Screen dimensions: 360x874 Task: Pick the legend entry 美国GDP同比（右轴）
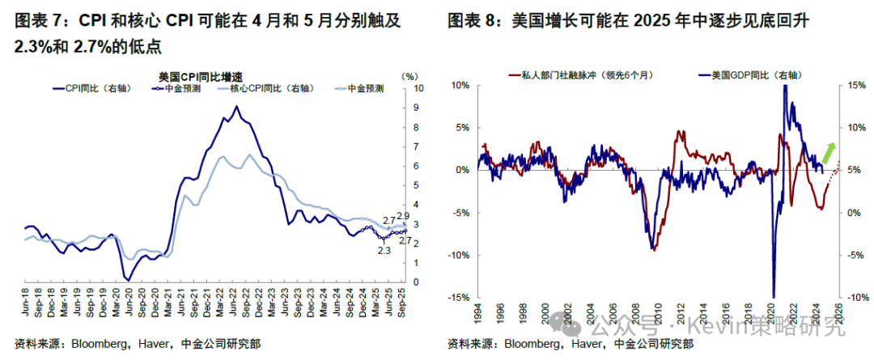pyautogui.click(x=749, y=75)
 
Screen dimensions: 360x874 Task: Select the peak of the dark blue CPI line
pyautogui.click(x=235, y=106)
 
